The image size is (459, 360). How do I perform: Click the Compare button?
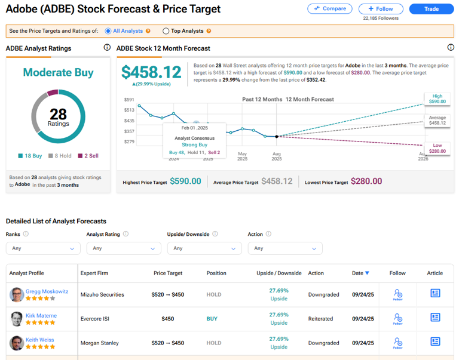[x=330, y=9]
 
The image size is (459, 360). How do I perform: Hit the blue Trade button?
[x=431, y=9]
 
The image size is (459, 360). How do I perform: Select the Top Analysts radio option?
[x=166, y=31]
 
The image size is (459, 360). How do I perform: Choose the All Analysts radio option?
[x=108, y=31]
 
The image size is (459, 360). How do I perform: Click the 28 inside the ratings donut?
[x=58, y=113]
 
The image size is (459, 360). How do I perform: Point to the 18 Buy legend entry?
[x=30, y=156]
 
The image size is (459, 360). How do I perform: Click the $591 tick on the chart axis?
[x=129, y=100]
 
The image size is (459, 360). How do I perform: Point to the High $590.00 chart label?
[x=437, y=99]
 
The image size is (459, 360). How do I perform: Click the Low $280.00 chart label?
[x=437, y=148]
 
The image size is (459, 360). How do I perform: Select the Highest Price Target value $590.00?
[x=185, y=181]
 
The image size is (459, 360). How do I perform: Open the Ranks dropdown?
[x=42, y=248]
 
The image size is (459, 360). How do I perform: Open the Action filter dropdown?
[x=284, y=248]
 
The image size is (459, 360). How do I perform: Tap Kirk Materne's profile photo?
[x=16, y=319]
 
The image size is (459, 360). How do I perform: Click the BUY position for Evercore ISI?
[x=212, y=319]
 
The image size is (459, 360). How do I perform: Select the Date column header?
[x=360, y=273]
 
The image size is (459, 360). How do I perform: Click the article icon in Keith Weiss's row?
[x=435, y=343]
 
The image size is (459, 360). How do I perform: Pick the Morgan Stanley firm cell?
[x=100, y=343]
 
